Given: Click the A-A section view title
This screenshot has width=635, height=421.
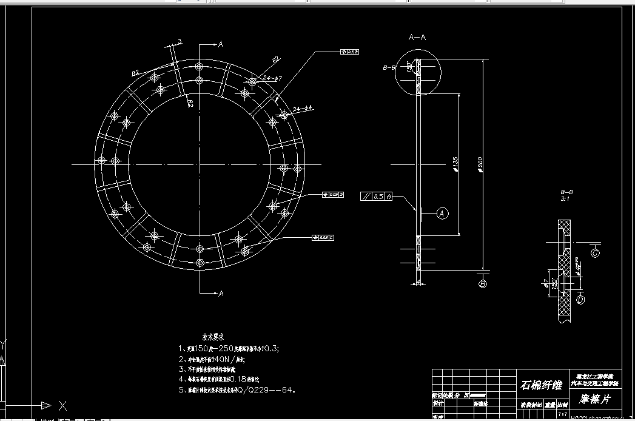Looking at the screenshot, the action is pos(417,38).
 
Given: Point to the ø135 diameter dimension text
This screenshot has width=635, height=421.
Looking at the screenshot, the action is pos(455,165).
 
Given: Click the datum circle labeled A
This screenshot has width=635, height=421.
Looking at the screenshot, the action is pos(442,213).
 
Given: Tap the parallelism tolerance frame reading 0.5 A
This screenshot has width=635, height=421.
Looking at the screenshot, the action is pos(376,197).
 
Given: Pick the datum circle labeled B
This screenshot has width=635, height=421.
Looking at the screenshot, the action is pos(483,284).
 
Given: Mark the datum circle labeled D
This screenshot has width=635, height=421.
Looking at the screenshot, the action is pos(580,300).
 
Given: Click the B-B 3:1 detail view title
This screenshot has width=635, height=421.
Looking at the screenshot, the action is pos(567,195).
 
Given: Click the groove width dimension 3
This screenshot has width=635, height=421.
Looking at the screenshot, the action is pos(180,42).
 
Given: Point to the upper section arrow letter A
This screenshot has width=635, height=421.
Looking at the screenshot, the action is pos(221,44).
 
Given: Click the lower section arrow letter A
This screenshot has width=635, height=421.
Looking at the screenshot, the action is pos(221,294).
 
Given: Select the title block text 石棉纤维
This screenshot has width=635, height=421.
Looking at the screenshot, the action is pos(541,385).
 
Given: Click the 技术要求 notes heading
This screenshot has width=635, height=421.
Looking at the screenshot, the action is pos(213,336).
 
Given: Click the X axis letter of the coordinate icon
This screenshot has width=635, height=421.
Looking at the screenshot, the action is pos(62,405).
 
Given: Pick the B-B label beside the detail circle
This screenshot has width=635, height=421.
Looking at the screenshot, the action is pos(389,68).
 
